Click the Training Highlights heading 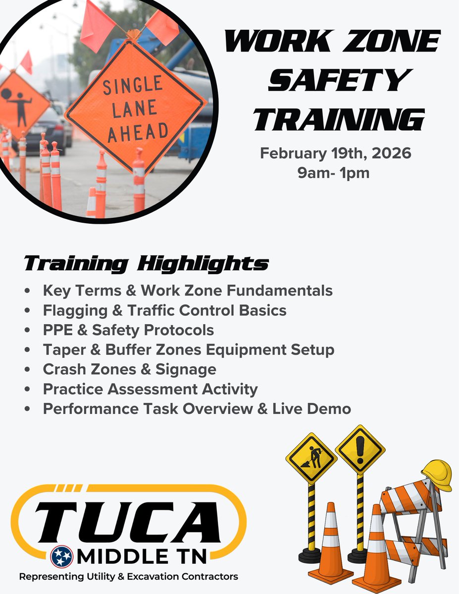coord(147,264)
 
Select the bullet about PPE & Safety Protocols coord(128,330)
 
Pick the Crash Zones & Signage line coord(129,369)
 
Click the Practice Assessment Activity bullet coord(150,389)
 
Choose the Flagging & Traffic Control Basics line coord(164,310)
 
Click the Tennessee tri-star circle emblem coord(61,557)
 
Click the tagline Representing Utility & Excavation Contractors coord(129,577)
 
